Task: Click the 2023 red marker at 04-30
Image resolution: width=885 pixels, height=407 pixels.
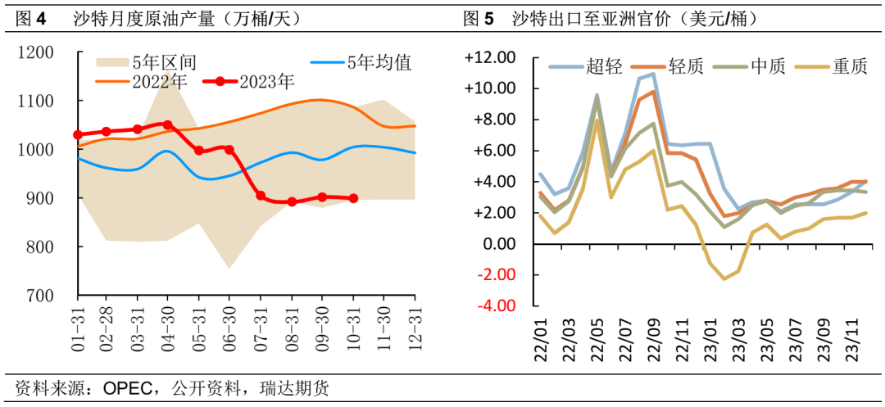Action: pyautogui.click(x=168, y=125)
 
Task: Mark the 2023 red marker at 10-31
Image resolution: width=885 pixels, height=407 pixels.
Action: pyautogui.click(x=353, y=198)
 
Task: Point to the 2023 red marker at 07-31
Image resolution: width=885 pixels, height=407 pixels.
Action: pyautogui.click(x=261, y=196)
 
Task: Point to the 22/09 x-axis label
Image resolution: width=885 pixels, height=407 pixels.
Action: pyautogui.click(x=653, y=336)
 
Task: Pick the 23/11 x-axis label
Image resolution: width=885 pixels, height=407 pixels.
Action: pyautogui.click(x=851, y=336)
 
